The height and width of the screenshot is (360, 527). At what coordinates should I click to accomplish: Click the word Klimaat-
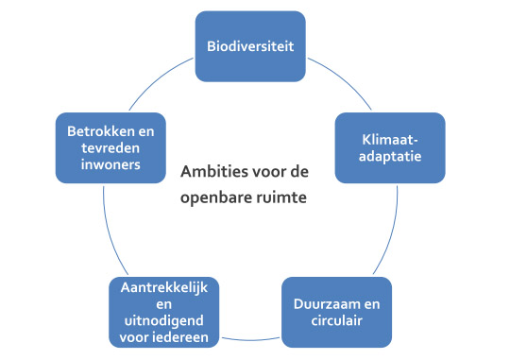(389, 138)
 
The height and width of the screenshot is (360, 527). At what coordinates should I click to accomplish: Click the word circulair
(338, 322)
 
